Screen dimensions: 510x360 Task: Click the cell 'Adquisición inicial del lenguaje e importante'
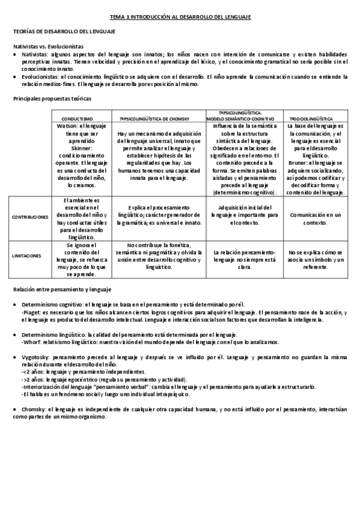(246, 214)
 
